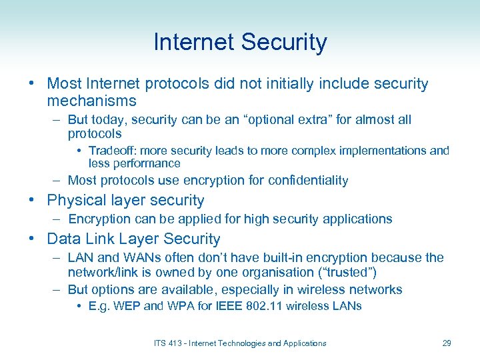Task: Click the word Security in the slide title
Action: [x=284, y=43]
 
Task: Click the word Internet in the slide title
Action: [x=193, y=43]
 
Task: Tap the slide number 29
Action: [x=447, y=343]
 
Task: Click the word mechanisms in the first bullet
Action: [x=91, y=101]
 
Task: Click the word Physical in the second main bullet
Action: [x=77, y=200]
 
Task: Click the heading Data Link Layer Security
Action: [x=133, y=239]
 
